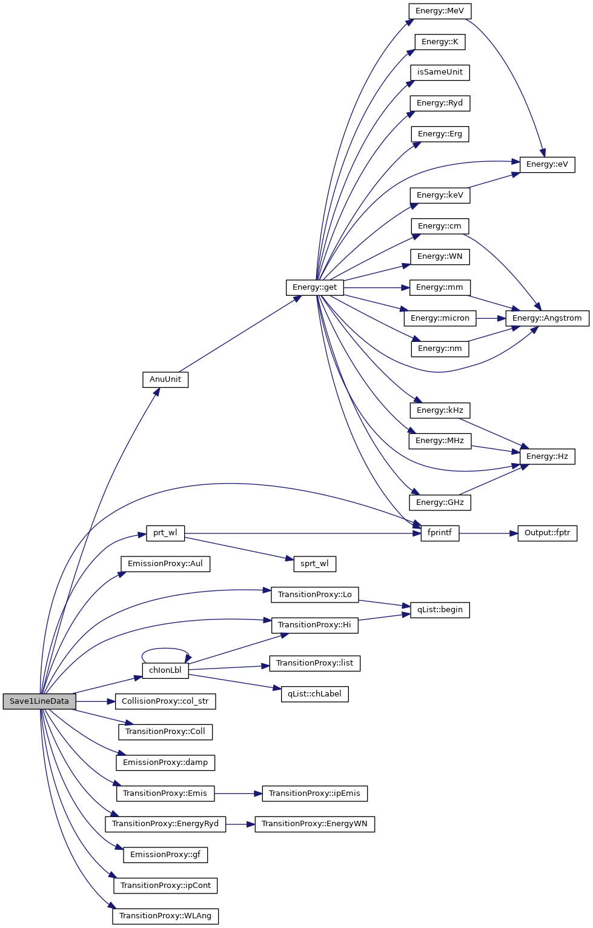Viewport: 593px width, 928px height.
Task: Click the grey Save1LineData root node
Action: click(39, 701)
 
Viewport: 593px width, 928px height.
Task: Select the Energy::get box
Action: click(314, 287)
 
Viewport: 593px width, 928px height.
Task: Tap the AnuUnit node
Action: click(165, 379)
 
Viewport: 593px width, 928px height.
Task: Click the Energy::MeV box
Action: click(440, 11)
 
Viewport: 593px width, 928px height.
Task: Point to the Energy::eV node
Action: click(547, 164)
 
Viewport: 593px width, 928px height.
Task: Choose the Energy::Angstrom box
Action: click(547, 318)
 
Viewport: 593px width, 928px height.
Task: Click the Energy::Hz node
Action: click(547, 456)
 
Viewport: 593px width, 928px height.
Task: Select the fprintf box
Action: click(440, 533)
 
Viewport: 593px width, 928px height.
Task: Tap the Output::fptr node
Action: click(547, 533)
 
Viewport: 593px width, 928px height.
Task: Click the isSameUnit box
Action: click(440, 72)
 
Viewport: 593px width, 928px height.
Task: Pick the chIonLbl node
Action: click(165, 670)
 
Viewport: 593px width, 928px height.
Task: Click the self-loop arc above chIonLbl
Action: click(165, 649)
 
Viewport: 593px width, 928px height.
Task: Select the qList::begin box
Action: click(440, 610)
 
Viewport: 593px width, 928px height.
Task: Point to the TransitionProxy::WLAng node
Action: click(165, 916)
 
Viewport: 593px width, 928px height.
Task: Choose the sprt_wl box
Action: click(314, 564)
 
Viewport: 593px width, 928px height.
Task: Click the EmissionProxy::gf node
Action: click(165, 855)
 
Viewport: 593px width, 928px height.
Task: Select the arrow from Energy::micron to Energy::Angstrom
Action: click(491, 318)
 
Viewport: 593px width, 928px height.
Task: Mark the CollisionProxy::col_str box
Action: click(165, 701)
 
